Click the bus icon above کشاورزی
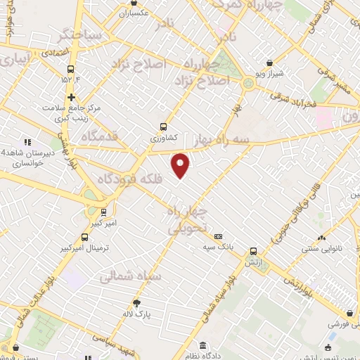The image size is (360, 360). point(164,127)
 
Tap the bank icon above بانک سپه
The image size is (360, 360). point(218,236)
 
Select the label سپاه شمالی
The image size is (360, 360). point(130,276)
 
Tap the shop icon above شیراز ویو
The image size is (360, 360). point(270,63)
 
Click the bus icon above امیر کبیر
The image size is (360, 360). point(103,212)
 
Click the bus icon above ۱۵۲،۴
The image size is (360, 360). point(70,69)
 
